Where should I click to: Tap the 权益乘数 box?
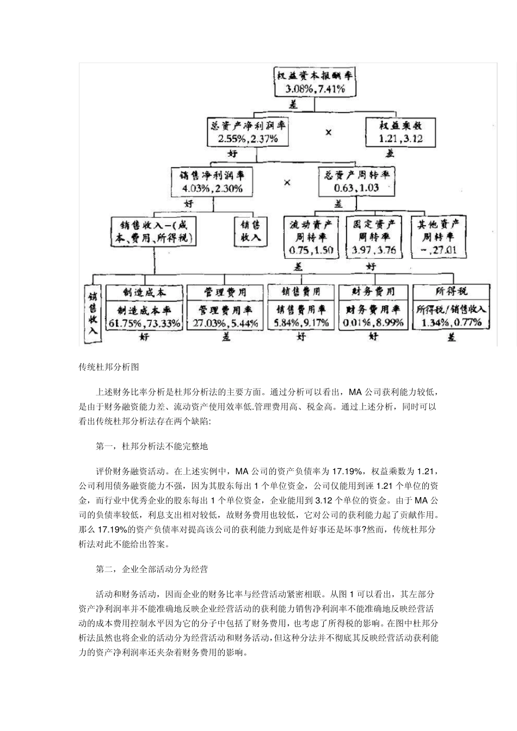coord(393,132)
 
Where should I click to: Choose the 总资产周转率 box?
coord(357,182)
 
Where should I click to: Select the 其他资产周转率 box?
coord(438,237)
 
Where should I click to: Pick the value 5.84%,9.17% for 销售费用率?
coord(301,323)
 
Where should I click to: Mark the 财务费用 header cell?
coord(373,292)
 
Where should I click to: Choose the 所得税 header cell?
coord(452,292)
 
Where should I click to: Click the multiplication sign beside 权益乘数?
coord(328,132)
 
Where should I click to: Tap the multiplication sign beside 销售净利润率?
coord(287,182)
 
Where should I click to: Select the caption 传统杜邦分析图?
coord(109,367)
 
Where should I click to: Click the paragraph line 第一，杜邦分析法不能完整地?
coord(152,447)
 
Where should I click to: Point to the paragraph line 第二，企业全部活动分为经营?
coord(152,569)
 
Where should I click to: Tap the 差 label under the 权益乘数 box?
coord(390,154)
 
